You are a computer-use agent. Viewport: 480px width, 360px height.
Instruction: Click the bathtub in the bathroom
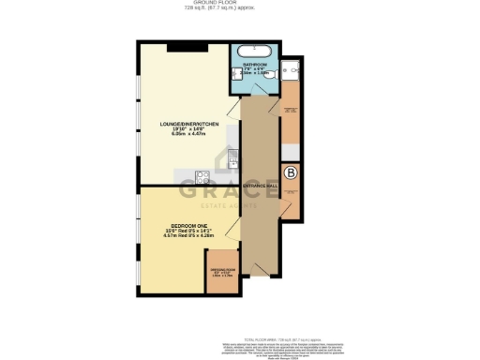point(253,51)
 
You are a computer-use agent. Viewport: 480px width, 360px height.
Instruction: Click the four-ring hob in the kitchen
point(200,175)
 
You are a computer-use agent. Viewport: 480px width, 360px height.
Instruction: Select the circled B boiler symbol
point(291,173)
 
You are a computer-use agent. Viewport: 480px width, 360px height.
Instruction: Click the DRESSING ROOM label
point(222,272)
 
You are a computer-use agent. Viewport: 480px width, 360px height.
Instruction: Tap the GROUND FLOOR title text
point(240,3)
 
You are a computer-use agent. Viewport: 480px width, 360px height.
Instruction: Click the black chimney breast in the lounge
point(193,46)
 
